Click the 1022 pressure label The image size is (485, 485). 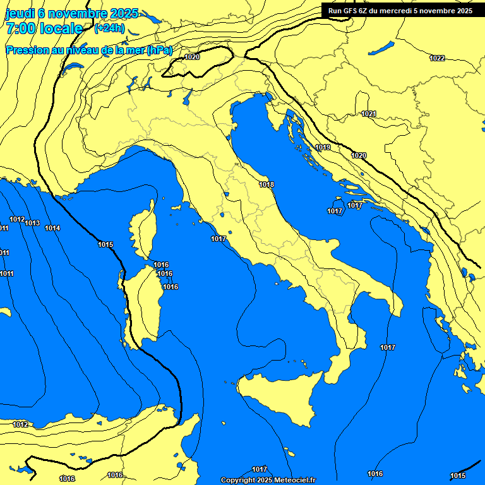(437, 58)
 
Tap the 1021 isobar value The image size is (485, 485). (369, 114)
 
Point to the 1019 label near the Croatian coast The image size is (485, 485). (323, 147)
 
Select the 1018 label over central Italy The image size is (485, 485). (266, 184)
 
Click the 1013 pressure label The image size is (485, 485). (32, 223)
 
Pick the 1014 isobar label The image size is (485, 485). (52, 228)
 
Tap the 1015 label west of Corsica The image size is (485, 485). (105, 244)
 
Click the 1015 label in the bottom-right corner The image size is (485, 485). (458, 476)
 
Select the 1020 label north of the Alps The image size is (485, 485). (193, 57)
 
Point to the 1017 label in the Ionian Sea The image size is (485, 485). (388, 347)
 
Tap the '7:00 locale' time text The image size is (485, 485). (44, 28)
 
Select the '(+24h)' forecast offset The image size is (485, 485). (109, 28)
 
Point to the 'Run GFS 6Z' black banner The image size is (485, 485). (400, 11)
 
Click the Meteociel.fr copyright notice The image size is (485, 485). (268, 480)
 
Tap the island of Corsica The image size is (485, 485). (143, 230)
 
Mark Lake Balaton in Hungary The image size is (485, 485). (381, 48)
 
